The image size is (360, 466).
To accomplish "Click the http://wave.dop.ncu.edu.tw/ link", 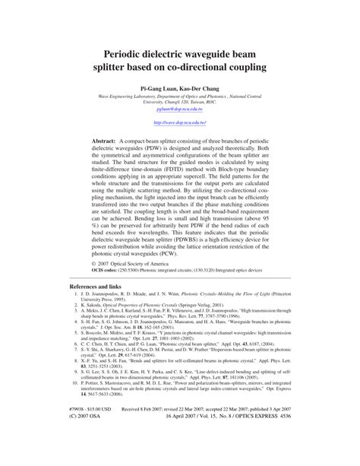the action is [180, 122].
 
